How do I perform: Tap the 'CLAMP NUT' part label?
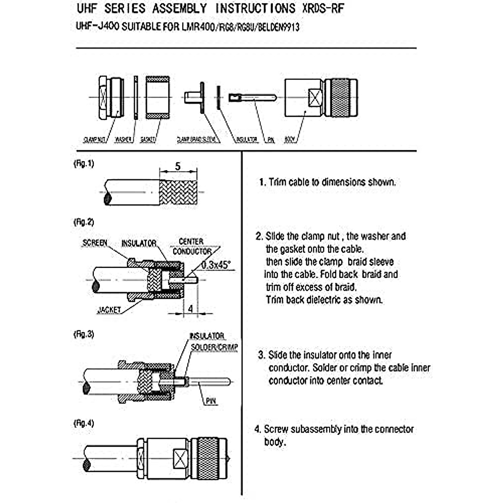tap(94, 140)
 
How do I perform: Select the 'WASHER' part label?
tap(123, 140)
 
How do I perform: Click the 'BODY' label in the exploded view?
tap(290, 140)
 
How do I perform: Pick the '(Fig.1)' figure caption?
tap(83, 164)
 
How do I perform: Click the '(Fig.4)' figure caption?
tap(83, 423)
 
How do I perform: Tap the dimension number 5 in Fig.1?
tap(178, 166)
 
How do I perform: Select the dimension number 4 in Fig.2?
tap(190, 309)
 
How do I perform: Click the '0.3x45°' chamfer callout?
tap(215, 265)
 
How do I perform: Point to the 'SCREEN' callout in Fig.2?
tap(95, 243)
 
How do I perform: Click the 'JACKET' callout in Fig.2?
tap(109, 310)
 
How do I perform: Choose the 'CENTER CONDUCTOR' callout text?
tap(192, 246)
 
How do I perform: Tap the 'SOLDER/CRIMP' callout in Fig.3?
tap(214, 347)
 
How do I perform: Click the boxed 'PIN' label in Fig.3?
tap(211, 401)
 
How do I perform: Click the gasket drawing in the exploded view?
tap(158, 97)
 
